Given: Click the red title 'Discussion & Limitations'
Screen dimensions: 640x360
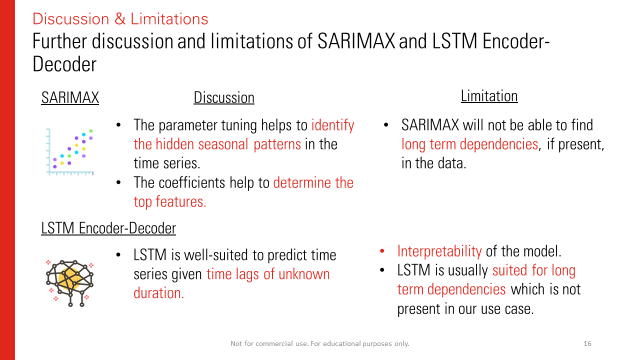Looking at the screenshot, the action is (120, 19).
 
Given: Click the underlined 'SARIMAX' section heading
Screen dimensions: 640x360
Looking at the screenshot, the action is (70, 97).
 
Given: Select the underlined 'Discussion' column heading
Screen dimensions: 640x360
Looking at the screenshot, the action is (224, 97).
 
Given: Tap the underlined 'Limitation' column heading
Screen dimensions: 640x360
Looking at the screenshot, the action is (489, 96).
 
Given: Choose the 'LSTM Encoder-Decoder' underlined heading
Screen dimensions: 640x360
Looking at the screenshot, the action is (108, 228).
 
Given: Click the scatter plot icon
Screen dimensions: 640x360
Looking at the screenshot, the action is (69, 152).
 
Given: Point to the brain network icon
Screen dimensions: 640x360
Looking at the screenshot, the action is (69, 283).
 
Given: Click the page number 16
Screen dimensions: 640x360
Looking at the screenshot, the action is (587, 343).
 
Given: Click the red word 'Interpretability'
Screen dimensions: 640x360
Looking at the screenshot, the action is (439, 251).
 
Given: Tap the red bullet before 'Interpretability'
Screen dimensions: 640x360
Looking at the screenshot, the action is (382, 251).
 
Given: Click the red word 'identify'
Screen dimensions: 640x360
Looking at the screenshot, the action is (332, 125).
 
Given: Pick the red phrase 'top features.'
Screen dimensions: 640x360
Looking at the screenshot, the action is (169, 201).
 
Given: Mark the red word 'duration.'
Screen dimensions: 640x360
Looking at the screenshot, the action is (159, 293).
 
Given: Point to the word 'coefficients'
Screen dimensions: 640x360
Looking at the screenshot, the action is (191, 182).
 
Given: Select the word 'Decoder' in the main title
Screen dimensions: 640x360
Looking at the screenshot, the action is (64, 64).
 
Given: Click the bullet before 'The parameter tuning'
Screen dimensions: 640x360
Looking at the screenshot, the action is (118, 125).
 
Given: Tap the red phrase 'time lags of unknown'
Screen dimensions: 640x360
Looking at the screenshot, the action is (268, 274).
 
